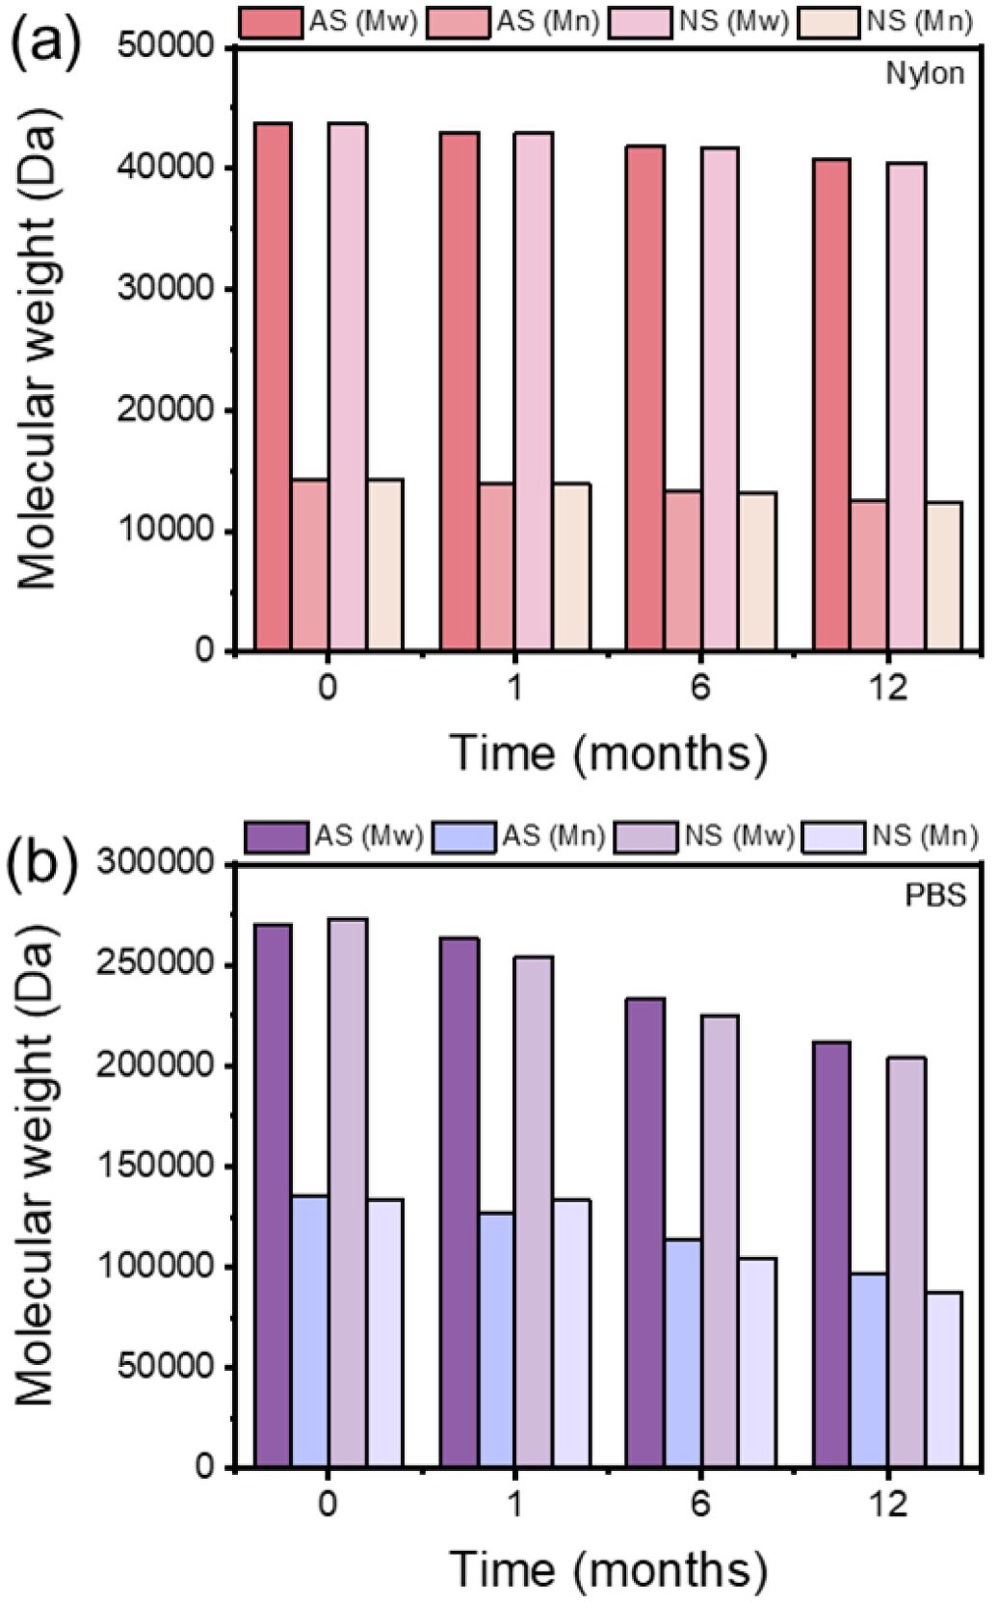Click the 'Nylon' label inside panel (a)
point(926,74)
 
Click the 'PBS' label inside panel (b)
point(935,895)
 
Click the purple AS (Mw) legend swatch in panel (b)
point(276,836)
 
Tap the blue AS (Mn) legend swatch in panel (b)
point(465,836)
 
